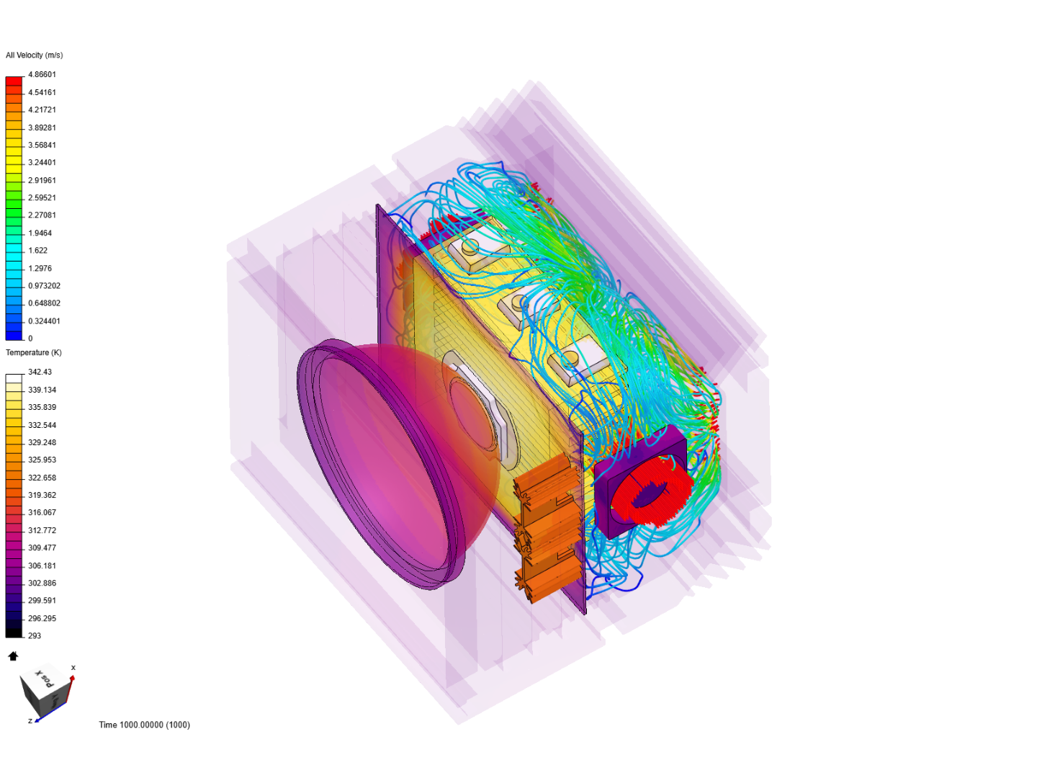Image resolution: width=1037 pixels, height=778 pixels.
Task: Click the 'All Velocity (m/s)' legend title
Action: point(34,55)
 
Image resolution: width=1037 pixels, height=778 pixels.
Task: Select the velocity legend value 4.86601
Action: point(42,75)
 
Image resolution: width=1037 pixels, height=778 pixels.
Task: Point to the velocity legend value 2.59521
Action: point(42,198)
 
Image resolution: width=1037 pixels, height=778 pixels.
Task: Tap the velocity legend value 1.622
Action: point(37,251)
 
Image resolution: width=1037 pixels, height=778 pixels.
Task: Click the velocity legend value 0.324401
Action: point(44,321)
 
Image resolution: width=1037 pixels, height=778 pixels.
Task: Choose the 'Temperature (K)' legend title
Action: point(34,353)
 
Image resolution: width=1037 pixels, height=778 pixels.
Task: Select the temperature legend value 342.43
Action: point(40,372)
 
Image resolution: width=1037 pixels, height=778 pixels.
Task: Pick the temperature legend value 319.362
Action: point(42,495)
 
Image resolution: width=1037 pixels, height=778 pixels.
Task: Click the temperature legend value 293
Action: point(35,636)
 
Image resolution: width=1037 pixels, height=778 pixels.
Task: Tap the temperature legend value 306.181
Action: point(42,565)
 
